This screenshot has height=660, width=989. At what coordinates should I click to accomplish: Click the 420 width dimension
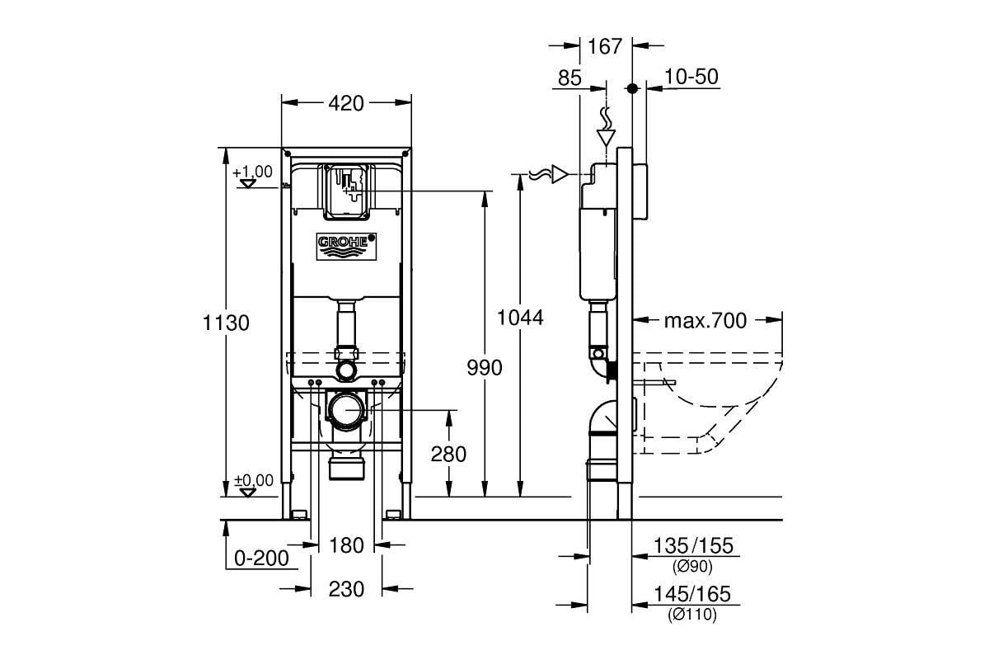[x=346, y=103]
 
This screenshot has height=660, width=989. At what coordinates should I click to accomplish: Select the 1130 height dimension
[x=226, y=323]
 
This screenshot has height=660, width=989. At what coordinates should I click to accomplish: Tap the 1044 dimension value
[x=520, y=318]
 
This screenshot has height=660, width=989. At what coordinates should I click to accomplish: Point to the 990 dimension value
[x=485, y=368]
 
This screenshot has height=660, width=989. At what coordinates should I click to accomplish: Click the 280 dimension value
[x=448, y=454]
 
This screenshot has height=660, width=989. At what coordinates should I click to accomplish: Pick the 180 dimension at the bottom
[x=347, y=545]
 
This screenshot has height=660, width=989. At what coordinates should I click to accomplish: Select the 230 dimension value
[x=346, y=589]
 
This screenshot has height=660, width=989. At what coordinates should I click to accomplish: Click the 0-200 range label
[x=261, y=559]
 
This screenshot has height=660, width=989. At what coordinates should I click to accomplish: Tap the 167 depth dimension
[x=605, y=46]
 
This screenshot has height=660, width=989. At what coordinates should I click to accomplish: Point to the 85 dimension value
[x=569, y=78]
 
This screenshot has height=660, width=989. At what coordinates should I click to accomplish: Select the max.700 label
[x=705, y=320]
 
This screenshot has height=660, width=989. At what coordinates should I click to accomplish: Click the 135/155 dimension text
[x=693, y=545]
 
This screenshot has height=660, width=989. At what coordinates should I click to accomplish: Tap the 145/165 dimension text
[x=692, y=594]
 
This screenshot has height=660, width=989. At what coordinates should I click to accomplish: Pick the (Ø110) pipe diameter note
[x=692, y=614]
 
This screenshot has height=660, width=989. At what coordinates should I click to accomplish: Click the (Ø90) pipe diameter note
[x=692, y=566]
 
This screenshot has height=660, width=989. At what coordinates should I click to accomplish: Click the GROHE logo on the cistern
[x=347, y=246]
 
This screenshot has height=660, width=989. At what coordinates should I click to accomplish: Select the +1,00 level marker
[x=252, y=172]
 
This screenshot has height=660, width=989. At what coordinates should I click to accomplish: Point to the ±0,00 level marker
[x=254, y=480]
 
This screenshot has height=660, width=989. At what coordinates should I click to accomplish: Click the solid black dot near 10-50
[x=632, y=88]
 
